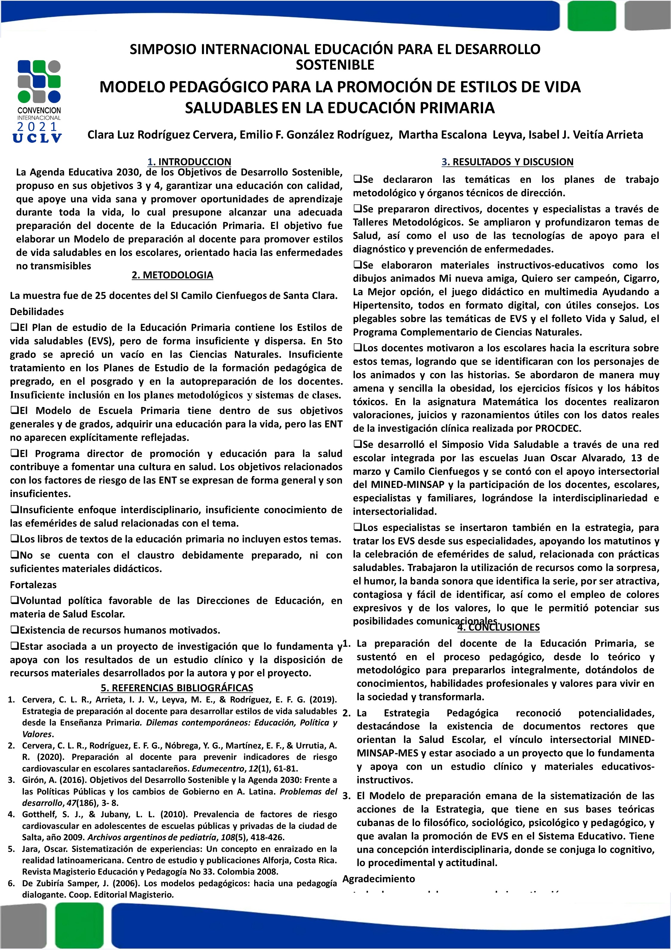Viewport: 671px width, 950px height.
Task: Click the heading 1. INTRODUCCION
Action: click(x=189, y=162)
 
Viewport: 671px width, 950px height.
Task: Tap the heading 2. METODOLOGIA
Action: click(x=172, y=275)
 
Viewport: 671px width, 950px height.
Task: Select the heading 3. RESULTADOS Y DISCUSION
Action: click(x=507, y=162)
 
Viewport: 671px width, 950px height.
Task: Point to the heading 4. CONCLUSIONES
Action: click(x=499, y=627)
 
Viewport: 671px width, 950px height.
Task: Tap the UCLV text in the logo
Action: click(x=37, y=138)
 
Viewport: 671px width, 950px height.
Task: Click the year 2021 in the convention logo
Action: click(x=38, y=127)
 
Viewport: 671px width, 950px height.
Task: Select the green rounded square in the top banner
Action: click(x=592, y=16)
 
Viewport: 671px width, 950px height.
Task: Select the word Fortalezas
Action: click(x=33, y=585)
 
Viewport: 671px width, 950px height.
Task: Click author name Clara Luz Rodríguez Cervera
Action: click(x=162, y=135)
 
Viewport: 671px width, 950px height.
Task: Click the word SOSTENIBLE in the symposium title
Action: click(x=335, y=65)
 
